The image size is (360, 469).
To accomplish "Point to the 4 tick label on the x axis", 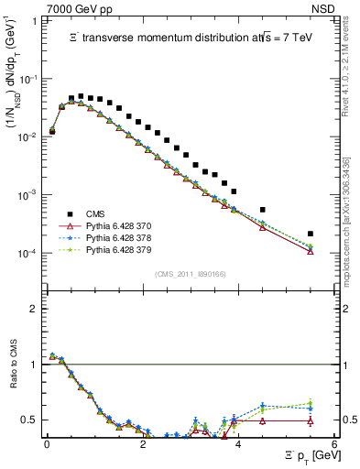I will [x=237, y=443].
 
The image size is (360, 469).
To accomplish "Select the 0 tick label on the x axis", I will [x=47, y=443].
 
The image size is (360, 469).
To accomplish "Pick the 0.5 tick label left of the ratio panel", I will [x=28, y=420].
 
